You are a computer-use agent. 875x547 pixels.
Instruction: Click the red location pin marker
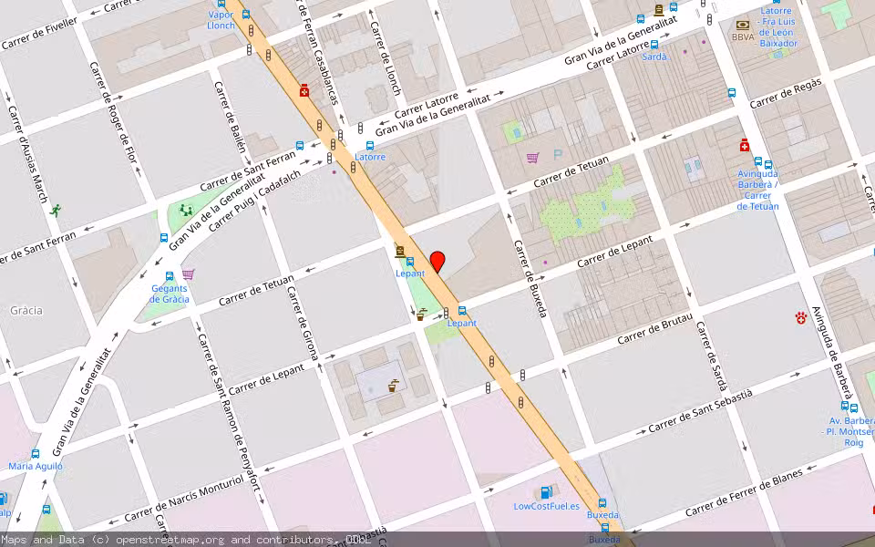(x=437, y=262)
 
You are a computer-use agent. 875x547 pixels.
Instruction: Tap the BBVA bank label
(x=743, y=37)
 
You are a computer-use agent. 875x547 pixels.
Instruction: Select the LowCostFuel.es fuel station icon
(x=546, y=493)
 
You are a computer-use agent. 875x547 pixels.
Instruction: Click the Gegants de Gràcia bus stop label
(x=170, y=294)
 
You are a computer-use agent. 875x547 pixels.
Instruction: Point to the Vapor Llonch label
(x=221, y=20)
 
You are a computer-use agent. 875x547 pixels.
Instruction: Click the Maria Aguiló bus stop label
(x=36, y=466)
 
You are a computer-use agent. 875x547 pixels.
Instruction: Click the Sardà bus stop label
(x=654, y=57)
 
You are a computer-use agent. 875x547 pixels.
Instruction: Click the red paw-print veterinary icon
(x=800, y=317)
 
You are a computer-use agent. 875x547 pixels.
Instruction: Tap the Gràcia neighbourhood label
(x=26, y=310)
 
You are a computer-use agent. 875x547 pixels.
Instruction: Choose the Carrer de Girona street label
(x=303, y=324)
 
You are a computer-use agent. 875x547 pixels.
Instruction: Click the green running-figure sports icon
(x=57, y=210)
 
